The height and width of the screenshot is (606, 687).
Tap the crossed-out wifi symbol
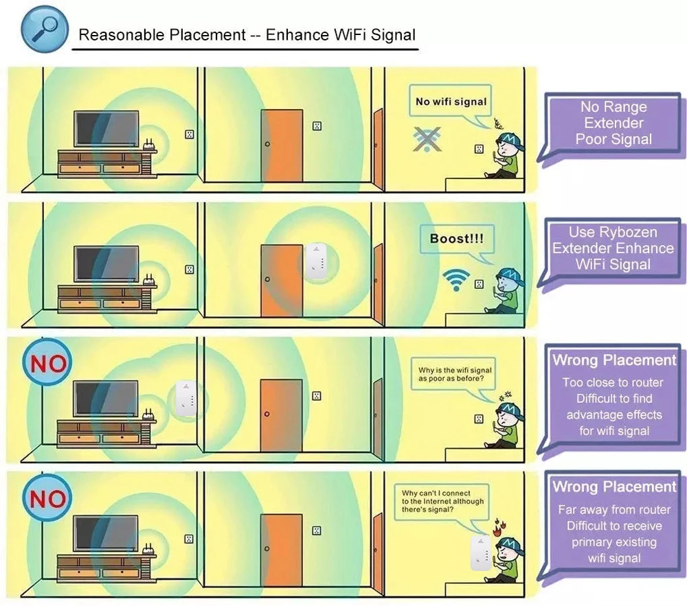427,139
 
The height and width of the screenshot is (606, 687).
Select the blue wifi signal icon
456,279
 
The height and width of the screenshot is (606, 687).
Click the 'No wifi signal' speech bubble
451,102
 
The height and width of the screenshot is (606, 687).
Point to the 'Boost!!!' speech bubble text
456,239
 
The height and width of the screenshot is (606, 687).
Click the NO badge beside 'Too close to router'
48,364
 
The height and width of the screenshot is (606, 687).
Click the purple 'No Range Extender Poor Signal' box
613,124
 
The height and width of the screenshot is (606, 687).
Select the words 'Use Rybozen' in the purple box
613,232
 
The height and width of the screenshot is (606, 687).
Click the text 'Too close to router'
613,382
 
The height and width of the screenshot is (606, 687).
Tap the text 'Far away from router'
614,509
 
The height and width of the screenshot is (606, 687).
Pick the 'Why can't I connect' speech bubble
442,502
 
